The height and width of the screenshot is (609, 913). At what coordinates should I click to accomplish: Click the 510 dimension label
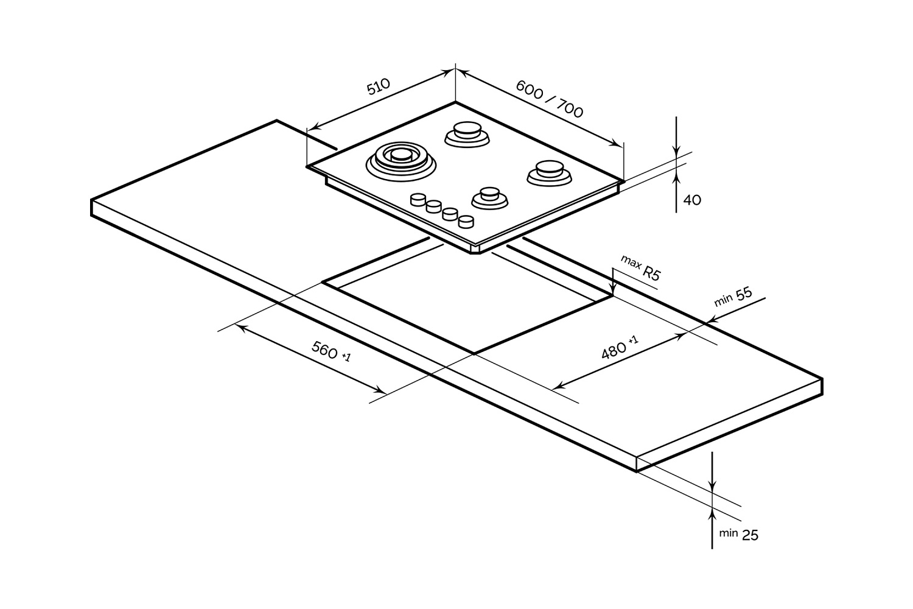click(378, 88)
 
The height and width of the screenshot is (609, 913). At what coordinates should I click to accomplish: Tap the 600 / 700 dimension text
click(550, 99)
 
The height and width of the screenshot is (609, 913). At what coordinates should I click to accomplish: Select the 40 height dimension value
click(692, 200)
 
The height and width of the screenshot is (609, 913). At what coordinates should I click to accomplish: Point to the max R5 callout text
click(640, 269)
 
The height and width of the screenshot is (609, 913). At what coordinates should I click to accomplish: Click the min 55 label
click(733, 297)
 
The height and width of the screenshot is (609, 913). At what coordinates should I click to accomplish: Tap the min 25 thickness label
click(738, 534)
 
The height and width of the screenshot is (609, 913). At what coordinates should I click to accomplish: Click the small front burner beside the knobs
click(489, 198)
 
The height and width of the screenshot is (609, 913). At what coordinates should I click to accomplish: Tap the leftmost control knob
click(419, 200)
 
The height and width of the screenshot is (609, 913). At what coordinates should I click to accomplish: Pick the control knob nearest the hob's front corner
click(466, 221)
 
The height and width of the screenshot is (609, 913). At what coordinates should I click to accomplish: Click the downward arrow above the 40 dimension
click(676, 150)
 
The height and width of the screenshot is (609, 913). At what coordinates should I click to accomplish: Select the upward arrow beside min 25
click(712, 516)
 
